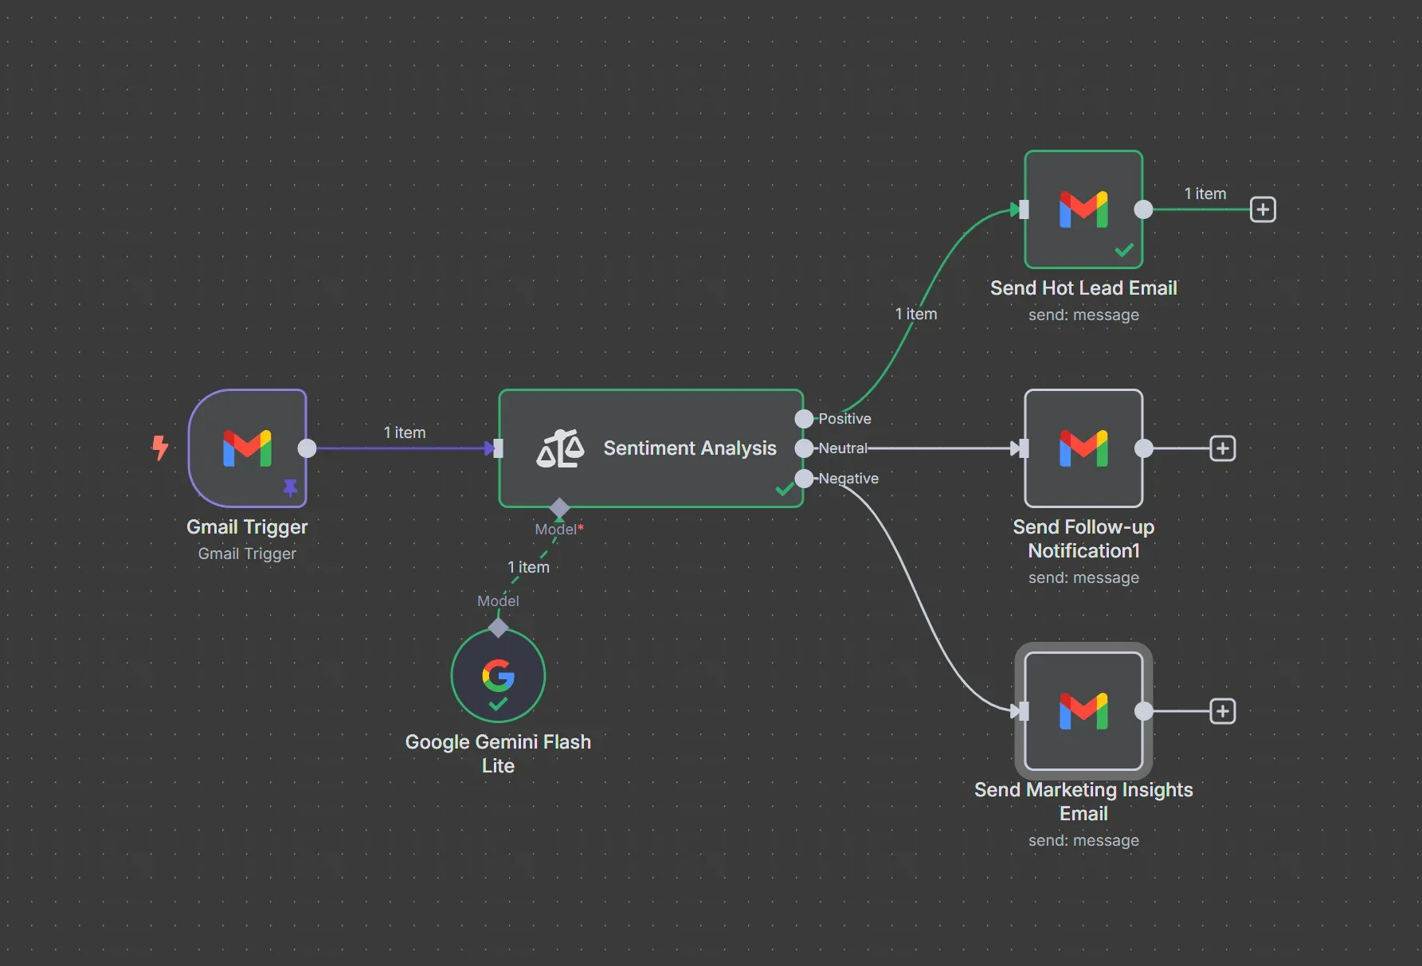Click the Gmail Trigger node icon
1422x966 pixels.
(x=247, y=448)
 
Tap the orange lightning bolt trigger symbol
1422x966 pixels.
(x=160, y=448)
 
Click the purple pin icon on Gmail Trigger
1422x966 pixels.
(x=290, y=487)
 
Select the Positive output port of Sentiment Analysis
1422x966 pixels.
(x=804, y=419)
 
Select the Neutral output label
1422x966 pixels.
(x=842, y=448)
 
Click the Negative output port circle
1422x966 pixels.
(x=804, y=479)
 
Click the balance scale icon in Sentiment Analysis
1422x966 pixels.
(x=560, y=448)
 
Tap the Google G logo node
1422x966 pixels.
(x=498, y=675)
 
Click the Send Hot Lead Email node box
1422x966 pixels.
(x=1083, y=209)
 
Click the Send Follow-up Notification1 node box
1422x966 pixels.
(x=1083, y=448)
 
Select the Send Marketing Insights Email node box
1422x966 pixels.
(x=1083, y=711)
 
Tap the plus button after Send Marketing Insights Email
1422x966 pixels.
(x=1222, y=711)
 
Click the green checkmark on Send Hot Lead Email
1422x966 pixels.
(x=1124, y=251)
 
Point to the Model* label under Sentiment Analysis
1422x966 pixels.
(x=558, y=530)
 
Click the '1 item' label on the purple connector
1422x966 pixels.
(x=405, y=432)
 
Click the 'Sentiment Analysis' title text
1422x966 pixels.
(x=689, y=448)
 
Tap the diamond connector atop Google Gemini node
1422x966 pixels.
(x=498, y=628)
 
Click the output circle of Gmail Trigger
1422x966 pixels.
(x=307, y=448)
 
